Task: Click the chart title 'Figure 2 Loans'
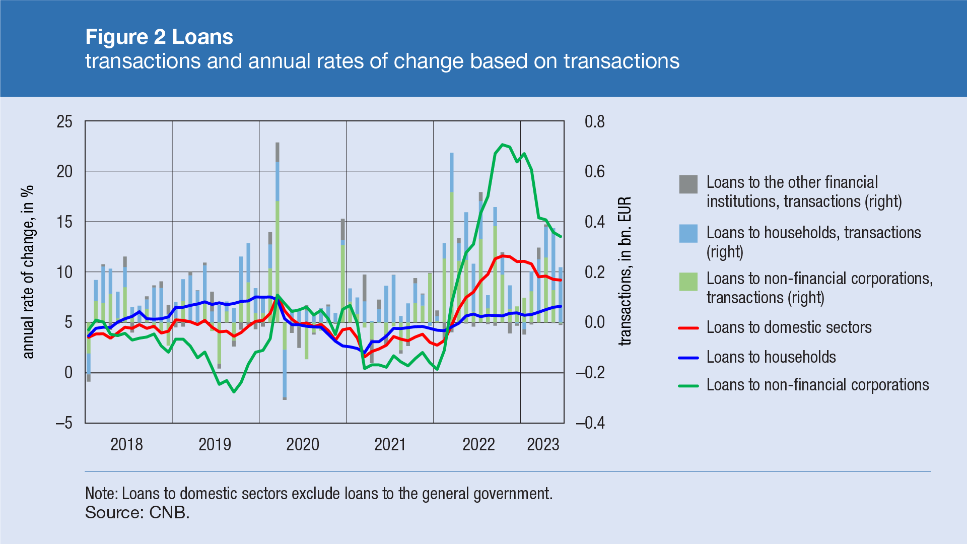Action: point(159,37)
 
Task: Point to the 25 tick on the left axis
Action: point(64,121)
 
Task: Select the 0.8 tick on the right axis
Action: point(594,121)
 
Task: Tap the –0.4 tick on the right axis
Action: point(590,423)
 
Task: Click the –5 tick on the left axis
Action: point(63,423)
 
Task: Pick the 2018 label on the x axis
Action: point(126,444)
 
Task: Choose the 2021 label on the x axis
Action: point(390,444)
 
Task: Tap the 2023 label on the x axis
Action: point(543,444)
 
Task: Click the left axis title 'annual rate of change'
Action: point(29,272)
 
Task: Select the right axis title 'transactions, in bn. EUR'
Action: point(625,271)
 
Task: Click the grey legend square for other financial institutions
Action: point(688,184)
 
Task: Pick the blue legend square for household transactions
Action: point(688,234)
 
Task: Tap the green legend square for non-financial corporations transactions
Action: point(688,282)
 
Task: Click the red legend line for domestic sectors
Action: point(688,328)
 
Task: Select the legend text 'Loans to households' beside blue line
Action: point(771,357)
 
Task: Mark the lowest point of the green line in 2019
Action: point(234,392)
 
